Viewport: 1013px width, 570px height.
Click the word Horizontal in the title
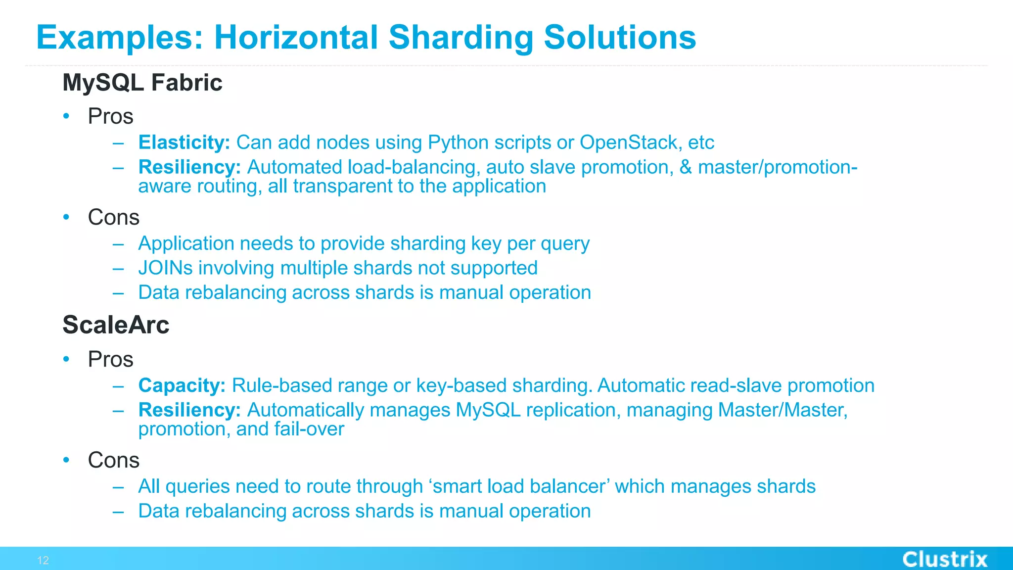coord(296,38)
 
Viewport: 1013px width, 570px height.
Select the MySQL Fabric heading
coord(142,83)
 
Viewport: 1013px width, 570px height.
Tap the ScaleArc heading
coord(116,325)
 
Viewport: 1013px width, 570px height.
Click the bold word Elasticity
coord(184,142)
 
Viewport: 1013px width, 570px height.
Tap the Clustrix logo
coord(945,559)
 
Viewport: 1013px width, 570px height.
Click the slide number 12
coord(43,560)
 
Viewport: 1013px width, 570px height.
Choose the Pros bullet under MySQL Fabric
coord(110,116)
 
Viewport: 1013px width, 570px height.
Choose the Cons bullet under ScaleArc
coord(113,460)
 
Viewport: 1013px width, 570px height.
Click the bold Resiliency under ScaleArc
coord(189,410)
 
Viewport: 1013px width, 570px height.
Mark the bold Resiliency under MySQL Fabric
coord(189,167)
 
